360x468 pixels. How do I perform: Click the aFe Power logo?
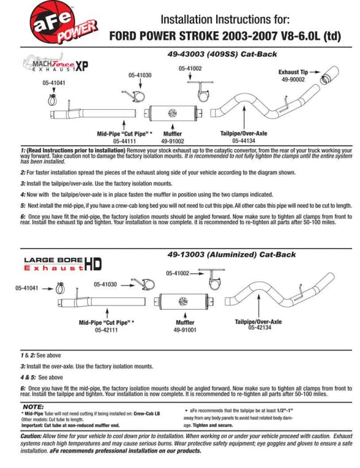pos(63,21)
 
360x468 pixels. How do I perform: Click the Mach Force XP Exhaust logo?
pos(55,63)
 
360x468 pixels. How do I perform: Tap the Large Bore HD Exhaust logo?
pos(63,264)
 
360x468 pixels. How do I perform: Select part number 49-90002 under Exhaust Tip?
pos(293,80)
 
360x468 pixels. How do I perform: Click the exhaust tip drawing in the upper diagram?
pos(329,75)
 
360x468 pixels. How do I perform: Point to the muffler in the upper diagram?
pos(173,113)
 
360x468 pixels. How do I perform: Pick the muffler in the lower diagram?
pos(184,302)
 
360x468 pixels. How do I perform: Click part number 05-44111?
pos(125,141)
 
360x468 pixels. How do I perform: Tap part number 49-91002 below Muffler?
pos(173,141)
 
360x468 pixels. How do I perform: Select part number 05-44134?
pos(243,141)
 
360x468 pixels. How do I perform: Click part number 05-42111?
pos(106,330)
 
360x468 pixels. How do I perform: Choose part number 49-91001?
pos(185,330)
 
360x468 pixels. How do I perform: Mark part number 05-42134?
pos(260,327)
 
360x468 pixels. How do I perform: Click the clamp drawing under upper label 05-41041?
pos(53,99)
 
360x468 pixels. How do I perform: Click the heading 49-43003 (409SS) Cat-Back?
pos(222,54)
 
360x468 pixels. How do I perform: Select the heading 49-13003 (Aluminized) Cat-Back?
pos(232,255)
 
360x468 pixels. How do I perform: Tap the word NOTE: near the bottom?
pos(33,407)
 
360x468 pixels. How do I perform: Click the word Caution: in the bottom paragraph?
pos(31,436)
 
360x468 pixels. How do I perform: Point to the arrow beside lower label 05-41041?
pos(47,289)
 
